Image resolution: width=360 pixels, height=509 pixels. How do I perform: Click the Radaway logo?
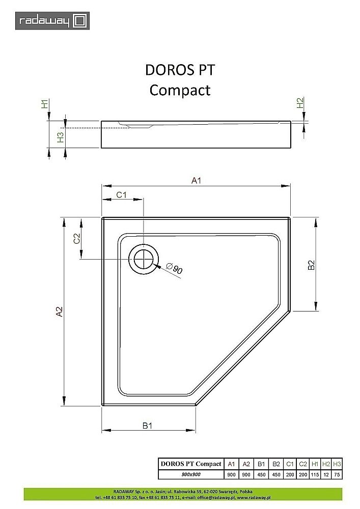[x=52, y=21]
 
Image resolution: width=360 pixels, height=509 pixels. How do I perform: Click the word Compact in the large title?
[x=180, y=90]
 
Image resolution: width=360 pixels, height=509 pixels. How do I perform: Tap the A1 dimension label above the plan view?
[x=197, y=180]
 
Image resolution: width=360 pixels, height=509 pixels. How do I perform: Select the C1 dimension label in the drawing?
[x=121, y=194]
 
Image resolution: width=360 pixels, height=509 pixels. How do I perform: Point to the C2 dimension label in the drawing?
[x=77, y=238]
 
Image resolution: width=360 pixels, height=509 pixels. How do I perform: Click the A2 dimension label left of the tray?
[x=59, y=312]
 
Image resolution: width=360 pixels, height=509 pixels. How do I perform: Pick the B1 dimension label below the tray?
[x=147, y=426]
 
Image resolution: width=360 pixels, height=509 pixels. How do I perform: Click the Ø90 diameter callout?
[x=174, y=269]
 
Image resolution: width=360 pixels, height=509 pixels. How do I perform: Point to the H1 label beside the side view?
[x=45, y=104]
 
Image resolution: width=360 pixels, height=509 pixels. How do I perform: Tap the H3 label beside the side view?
[x=60, y=136]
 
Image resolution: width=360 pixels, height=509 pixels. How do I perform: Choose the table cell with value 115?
[x=315, y=474]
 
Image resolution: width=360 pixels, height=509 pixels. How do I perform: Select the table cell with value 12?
[x=326, y=474]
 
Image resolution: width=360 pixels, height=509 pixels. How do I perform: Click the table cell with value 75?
[x=337, y=474]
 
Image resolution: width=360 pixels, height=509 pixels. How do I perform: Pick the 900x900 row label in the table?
[x=191, y=474]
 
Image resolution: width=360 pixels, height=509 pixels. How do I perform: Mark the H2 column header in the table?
[x=326, y=464]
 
